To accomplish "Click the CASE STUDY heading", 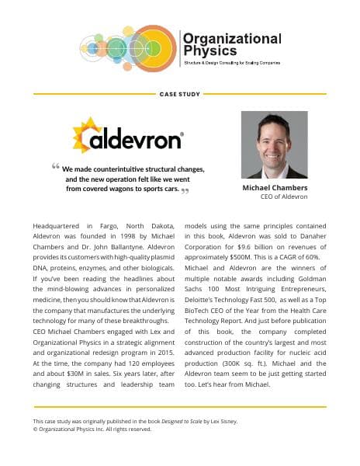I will tap(179, 95).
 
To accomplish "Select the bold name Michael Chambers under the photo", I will tap(274, 189).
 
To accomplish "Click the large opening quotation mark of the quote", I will tap(56, 167).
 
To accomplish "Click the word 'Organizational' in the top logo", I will tap(231, 38).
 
